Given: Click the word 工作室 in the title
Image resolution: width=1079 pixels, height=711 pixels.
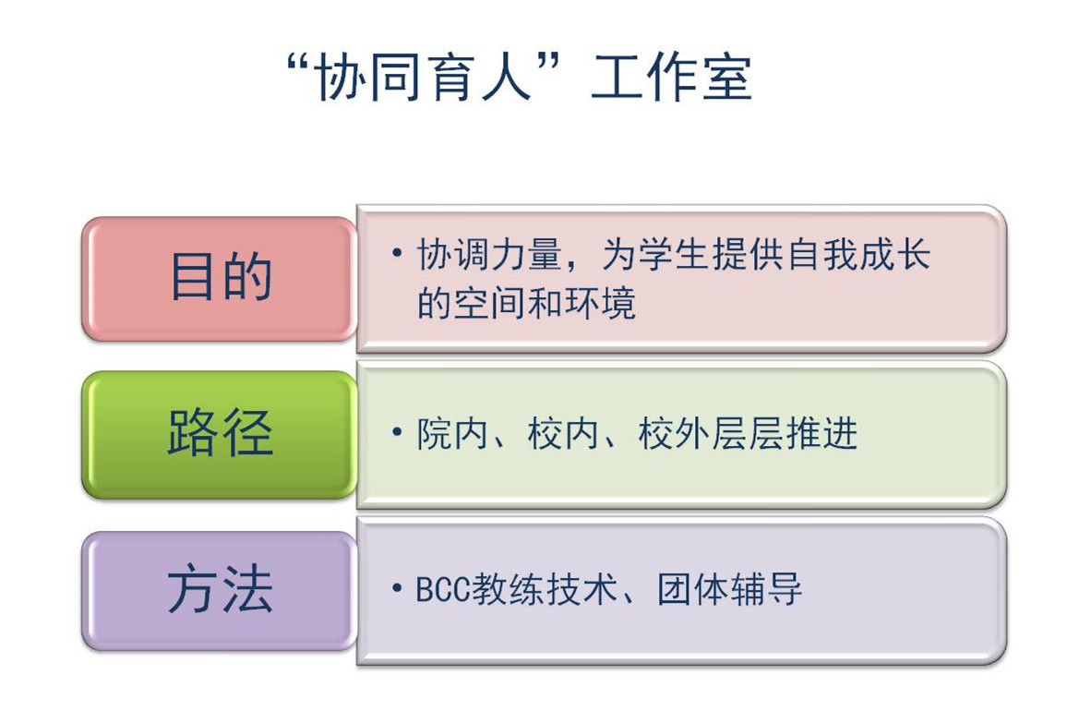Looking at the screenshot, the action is click(x=671, y=77).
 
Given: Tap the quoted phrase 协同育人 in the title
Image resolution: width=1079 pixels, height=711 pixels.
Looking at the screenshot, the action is click(x=424, y=77).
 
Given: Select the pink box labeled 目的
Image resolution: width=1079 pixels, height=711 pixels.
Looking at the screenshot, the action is click(x=220, y=279).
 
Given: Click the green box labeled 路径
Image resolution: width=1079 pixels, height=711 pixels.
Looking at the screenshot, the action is click(x=220, y=434).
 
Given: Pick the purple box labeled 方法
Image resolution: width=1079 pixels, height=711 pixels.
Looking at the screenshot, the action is click(x=220, y=591).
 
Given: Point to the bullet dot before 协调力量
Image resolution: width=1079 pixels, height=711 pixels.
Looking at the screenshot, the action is click(x=396, y=253).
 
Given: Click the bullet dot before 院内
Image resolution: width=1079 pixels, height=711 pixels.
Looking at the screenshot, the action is click(x=396, y=432).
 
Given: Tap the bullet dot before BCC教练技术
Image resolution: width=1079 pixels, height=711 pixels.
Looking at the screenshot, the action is click(x=396, y=588).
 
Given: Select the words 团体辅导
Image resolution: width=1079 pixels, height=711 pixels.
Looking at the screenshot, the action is click(x=729, y=589).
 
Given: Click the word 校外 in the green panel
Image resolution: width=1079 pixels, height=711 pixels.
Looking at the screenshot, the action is click(x=674, y=434).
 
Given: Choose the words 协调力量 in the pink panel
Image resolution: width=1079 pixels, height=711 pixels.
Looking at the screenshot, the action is click(x=489, y=255).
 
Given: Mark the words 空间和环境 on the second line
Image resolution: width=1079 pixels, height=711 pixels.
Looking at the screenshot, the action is click(x=545, y=304).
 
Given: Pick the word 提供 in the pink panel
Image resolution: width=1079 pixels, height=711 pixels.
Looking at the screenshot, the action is click(x=748, y=255).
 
